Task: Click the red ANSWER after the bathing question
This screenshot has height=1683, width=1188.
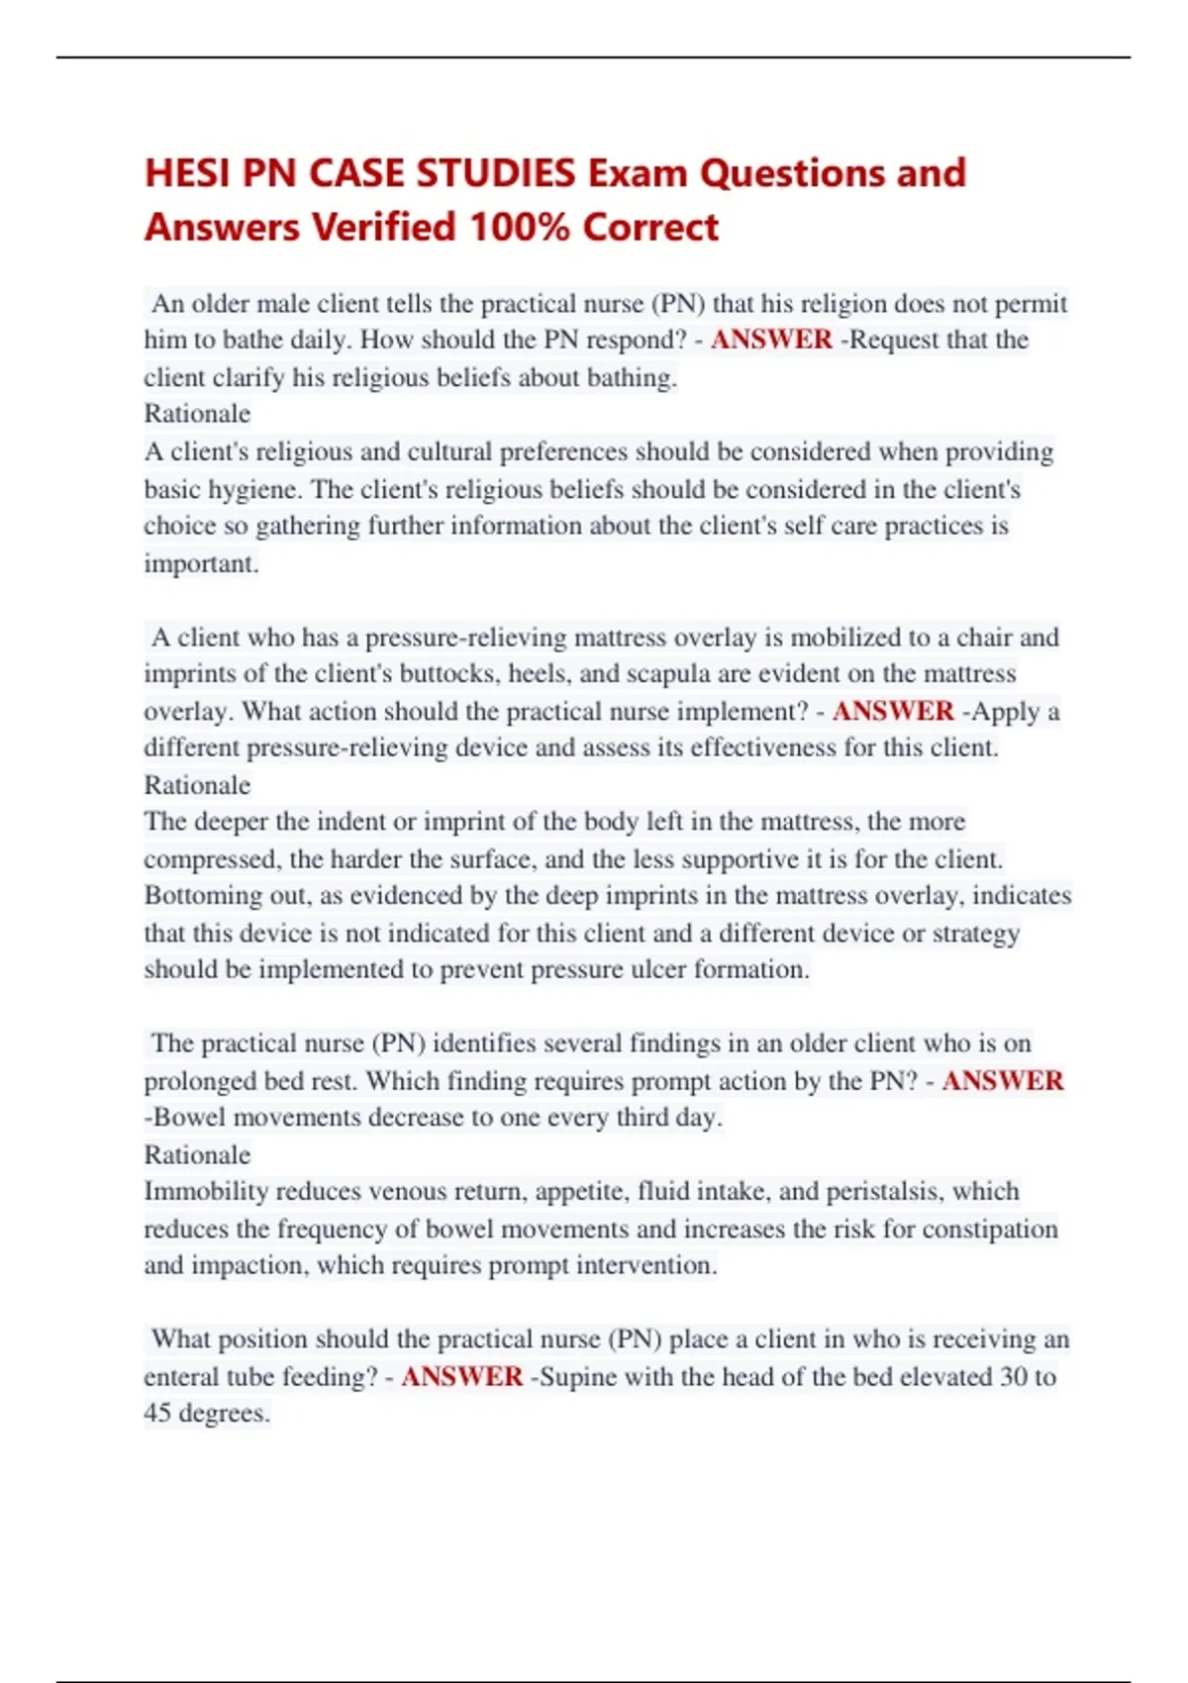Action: (x=771, y=340)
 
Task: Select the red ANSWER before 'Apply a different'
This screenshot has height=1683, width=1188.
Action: (x=893, y=711)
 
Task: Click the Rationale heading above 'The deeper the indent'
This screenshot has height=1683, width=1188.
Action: (x=197, y=785)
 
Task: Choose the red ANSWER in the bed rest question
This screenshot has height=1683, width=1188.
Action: (x=1002, y=1080)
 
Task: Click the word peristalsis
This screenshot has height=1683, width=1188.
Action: (x=881, y=1191)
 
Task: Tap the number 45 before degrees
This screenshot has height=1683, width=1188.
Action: (x=157, y=1413)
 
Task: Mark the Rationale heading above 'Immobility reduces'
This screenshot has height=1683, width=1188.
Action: (x=197, y=1154)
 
